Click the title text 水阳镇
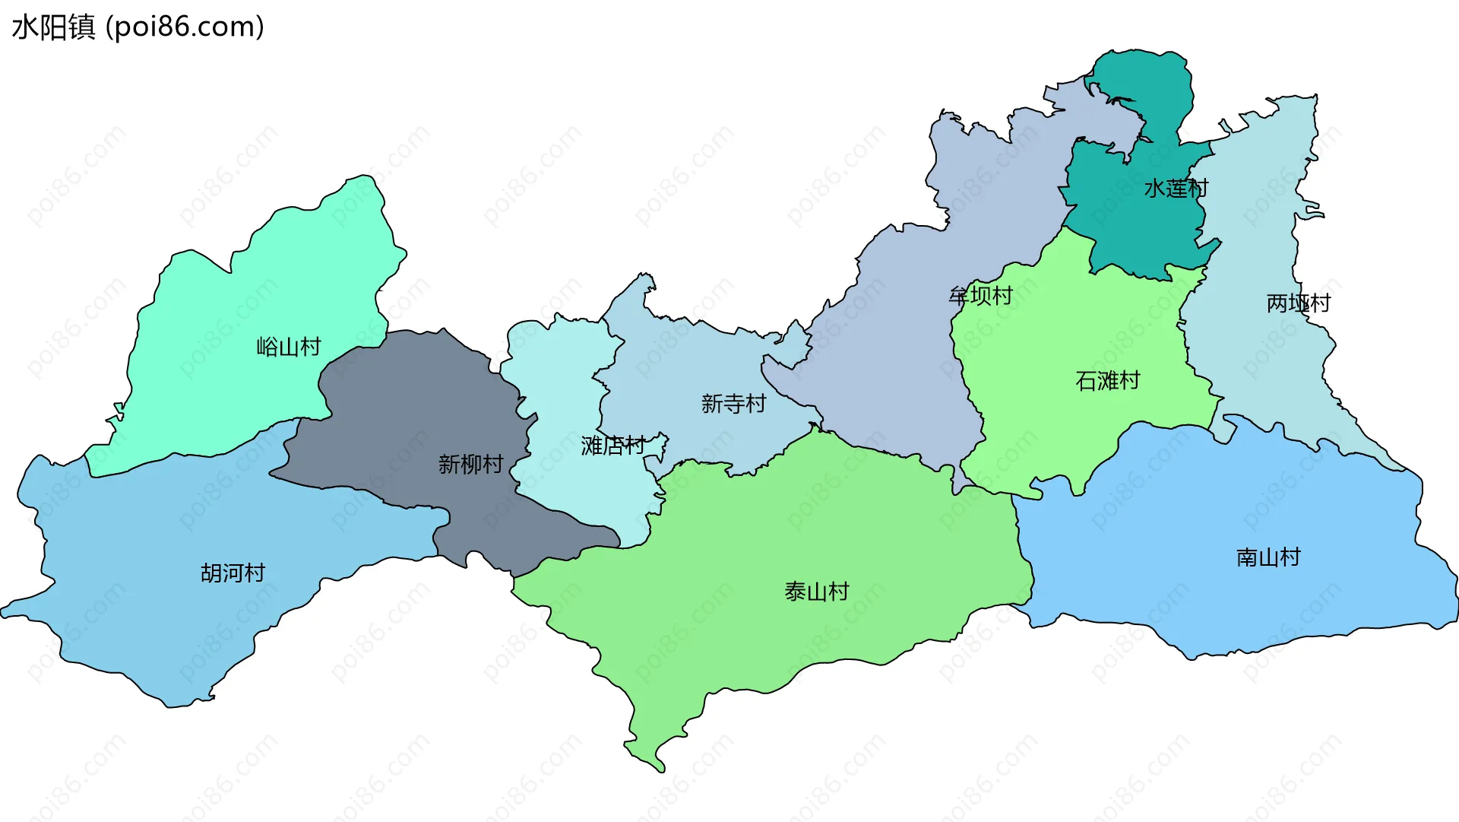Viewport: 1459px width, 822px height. click(53, 27)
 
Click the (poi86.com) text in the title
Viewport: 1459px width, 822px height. click(185, 27)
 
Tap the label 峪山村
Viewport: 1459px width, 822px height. click(289, 348)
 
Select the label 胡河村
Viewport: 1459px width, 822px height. click(233, 573)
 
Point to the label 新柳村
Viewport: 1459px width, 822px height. click(470, 464)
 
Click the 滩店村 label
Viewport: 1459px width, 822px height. click(612, 446)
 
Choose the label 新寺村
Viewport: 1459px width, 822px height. click(733, 404)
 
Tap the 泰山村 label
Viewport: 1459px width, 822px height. click(816, 591)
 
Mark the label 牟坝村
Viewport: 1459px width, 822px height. click(980, 296)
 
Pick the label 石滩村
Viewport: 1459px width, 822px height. click(1108, 380)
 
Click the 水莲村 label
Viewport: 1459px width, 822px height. click(1176, 189)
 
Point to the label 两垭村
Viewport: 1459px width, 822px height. click(1298, 303)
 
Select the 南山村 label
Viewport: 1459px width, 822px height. click(1268, 557)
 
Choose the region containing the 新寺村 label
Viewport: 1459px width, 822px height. click(684, 365)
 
